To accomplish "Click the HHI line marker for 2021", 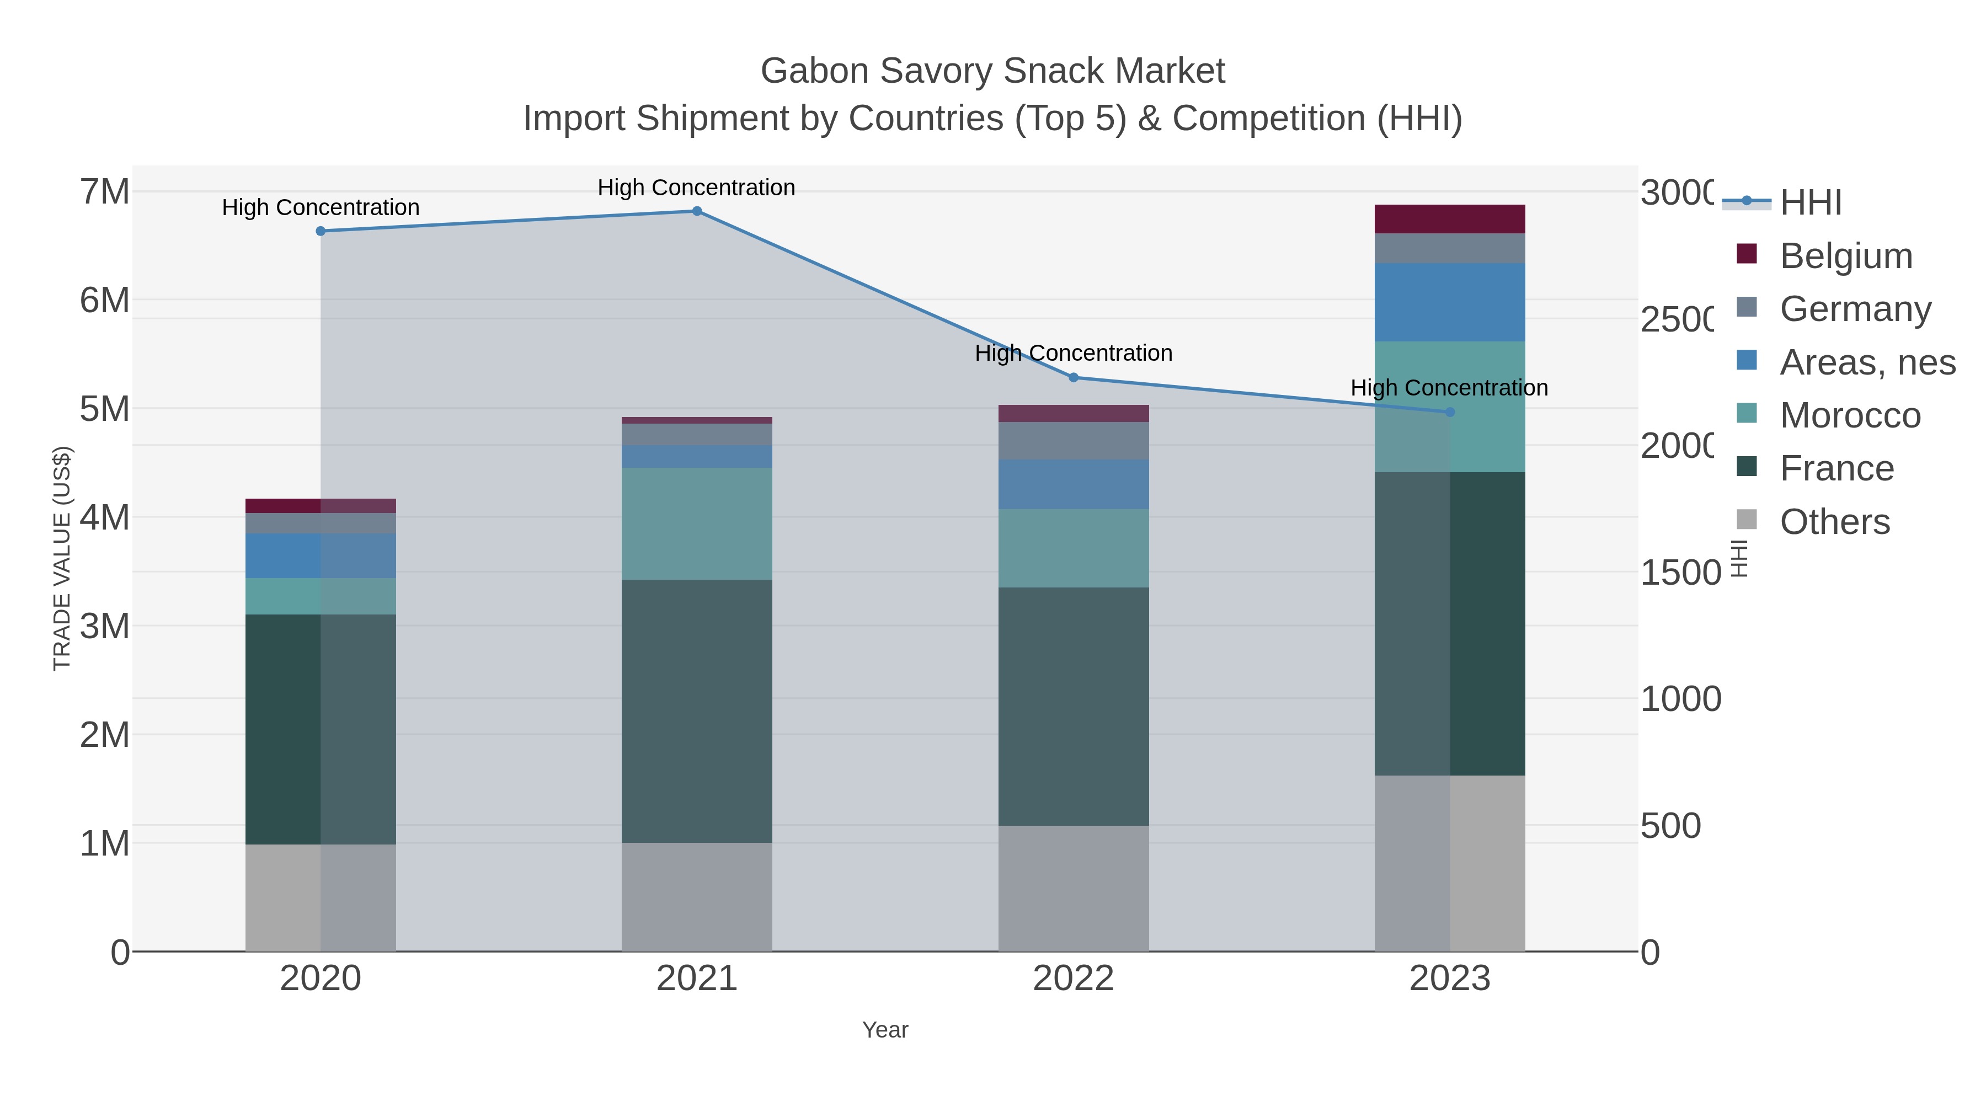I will pyautogui.click(x=696, y=211).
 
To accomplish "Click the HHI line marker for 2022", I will pyautogui.click(x=1073, y=378).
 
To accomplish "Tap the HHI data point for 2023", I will pyautogui.click(x=1449, y=413).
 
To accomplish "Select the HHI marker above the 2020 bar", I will pyautogui.click(x=321, y=231).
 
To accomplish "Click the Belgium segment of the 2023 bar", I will pyautogui.click(x=1449, y=219).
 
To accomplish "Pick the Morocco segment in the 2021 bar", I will pyautogui.click(x=696, y=523).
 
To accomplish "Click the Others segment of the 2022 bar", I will pyautogui.click(x=1073, y=888).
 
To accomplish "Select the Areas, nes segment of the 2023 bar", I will pyautogui.click(x=1449, y=302).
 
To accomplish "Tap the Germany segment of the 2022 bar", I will pyautogui.click(x=1073, y=441).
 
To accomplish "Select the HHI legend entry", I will pyautogui.click(x=1810, y=203).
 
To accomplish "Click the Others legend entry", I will pyautogui.click(x=1834, y=522).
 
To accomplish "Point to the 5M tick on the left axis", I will pyautogui.click(x=105, y=409).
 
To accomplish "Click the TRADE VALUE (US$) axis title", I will pyautogui.click(x=62, y=558).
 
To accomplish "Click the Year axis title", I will pyautogui.click(x=885, y=1030).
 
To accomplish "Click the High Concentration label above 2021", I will pyautogui.click(x=696, y=188).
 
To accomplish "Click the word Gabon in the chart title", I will pyautogui.click(x=814, y=71).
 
